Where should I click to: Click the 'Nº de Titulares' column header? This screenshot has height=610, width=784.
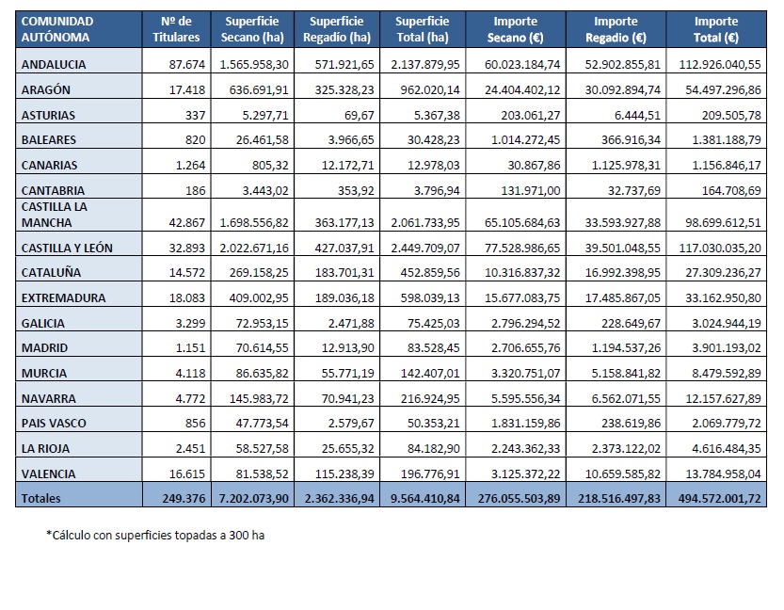click(176, 29)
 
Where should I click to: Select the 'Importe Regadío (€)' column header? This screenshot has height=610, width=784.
click(616, 29)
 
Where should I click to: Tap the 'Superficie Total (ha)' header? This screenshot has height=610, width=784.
click(423, 29)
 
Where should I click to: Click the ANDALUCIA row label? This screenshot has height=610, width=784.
click(54, 65)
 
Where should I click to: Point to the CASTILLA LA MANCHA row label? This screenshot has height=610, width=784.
click(54, 215)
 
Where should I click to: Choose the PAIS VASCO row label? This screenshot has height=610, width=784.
click(54, 423)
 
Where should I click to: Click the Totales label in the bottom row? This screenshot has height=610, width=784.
click(41, 499)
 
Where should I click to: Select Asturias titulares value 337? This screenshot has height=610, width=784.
click(195, 115)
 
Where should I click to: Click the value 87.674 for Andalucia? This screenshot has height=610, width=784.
click(187, 65)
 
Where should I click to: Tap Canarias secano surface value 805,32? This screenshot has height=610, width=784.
click(270, 165)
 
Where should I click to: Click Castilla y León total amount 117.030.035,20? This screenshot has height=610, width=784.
click(719, 248)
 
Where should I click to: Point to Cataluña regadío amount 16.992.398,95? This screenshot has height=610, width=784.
click(622, 272)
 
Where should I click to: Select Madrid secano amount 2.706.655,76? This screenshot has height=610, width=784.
click(525, 347)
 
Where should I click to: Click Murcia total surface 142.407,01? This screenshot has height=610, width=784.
click(430, 373)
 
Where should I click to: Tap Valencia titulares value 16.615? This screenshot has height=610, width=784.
click(187, 474)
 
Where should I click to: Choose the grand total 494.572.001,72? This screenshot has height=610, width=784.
click(719, 499)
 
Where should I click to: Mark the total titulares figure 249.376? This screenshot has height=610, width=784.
click(184, 499)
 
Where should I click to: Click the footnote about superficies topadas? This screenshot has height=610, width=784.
click(155, 536)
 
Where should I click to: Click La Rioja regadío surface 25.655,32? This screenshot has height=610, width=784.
click(347, 448)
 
